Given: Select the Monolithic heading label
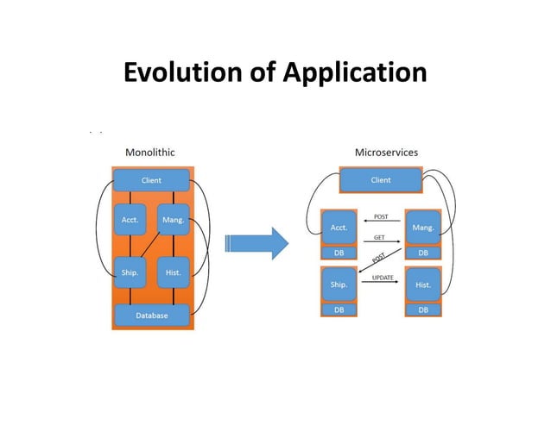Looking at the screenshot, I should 150,152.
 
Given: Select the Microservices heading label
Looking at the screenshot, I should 386,152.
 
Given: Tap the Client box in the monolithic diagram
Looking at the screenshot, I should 151,180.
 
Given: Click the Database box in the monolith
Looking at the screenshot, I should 151,316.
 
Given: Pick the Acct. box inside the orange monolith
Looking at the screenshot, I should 129,220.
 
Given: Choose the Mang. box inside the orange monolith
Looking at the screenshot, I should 174,220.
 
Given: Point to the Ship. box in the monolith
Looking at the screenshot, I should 129,272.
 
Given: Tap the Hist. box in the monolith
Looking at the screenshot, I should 174,272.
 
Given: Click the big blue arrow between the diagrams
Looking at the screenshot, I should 255,244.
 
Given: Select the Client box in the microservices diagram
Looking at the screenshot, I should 380,180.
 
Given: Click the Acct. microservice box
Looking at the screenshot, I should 339,228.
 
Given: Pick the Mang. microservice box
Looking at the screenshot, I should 423,228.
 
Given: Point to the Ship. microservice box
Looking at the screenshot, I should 339,284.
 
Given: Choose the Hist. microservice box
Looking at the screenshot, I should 423,284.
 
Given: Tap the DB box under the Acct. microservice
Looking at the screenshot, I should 339,253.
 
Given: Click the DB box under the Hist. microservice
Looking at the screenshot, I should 423,309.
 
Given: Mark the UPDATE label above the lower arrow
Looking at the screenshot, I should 383,277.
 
